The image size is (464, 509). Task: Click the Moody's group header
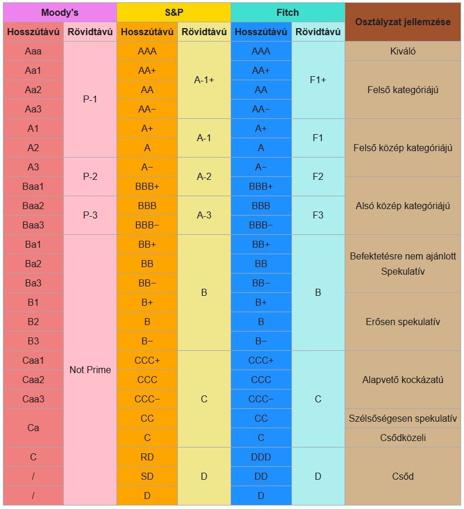60,12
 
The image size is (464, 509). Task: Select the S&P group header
173,12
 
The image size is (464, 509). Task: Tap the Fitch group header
287,12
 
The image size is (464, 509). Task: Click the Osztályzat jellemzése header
403,22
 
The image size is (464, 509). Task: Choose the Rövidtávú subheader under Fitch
318,32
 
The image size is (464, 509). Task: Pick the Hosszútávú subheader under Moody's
33,32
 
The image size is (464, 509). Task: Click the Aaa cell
33,51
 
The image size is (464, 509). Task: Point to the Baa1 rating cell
33,186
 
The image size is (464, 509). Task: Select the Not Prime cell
90,370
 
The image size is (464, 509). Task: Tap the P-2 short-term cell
90,176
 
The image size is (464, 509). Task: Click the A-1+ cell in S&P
204,80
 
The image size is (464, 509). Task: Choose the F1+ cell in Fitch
318,80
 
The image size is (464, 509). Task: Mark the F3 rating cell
318,215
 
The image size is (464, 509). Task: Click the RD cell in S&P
147,457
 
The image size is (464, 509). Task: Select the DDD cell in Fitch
261,457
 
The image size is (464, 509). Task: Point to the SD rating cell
147,476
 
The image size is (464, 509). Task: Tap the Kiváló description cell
403,51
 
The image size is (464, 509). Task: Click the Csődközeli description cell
403,438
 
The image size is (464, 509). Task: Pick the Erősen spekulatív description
403,322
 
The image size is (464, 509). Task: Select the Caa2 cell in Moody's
33,380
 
